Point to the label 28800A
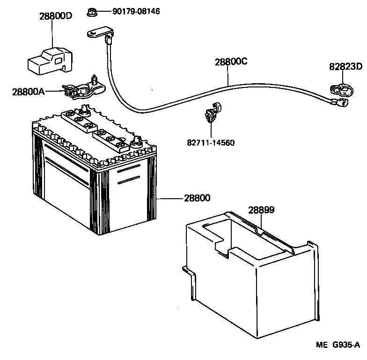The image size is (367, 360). coord(28,91)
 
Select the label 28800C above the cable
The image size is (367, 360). coord(231,62)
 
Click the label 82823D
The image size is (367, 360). coord(346,66)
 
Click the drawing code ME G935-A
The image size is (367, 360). coord(338,346)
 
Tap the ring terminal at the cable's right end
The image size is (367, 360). coord(338,100)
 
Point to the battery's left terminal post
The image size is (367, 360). coord(85,110)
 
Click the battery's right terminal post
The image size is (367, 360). coord(138,140)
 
